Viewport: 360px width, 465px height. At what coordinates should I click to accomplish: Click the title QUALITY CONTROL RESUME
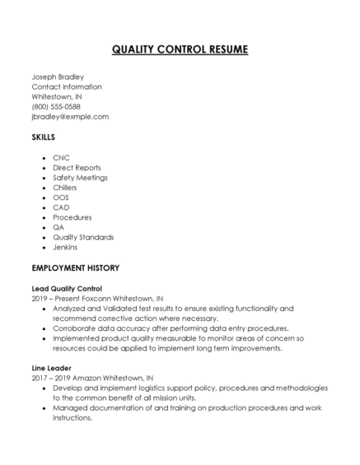point(180,49)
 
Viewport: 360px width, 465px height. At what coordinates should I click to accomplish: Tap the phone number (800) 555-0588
point(56,106)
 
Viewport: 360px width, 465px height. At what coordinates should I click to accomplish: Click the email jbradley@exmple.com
point(70,117)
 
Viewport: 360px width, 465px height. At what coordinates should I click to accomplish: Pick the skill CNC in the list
point(61,157)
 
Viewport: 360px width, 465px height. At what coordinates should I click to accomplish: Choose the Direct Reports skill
point(77,167)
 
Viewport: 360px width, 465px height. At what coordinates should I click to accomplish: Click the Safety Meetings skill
point(80,177)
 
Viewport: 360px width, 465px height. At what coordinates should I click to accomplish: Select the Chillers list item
point(66,187)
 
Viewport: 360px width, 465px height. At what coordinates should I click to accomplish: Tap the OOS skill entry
point(61,197)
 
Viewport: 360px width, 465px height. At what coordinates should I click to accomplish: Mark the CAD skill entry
point(61,207)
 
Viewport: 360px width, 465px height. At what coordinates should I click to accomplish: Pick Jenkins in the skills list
point(65,247)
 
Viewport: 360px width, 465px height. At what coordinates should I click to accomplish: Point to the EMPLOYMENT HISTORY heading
point(76,267)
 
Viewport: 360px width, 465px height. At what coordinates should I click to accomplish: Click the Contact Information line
point(67,86)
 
